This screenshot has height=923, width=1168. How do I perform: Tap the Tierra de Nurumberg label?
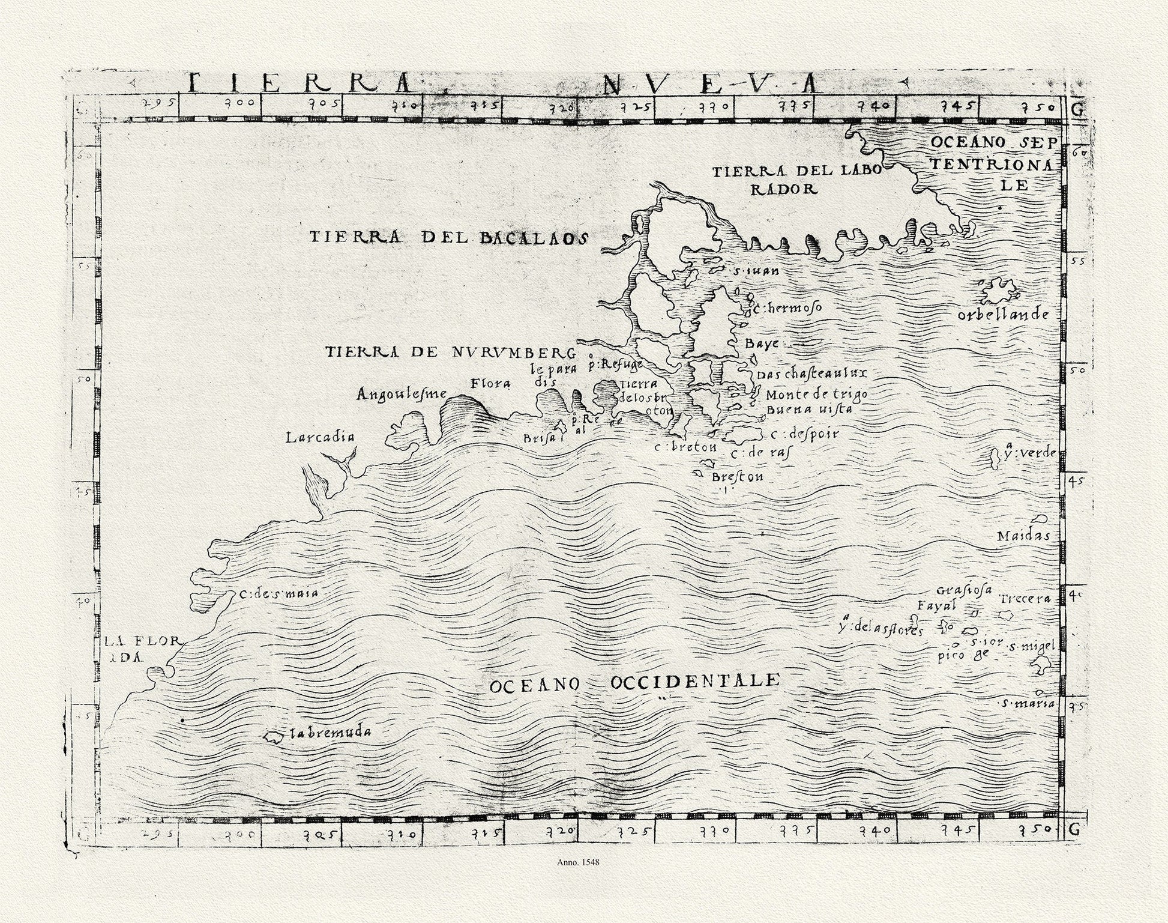(450, 352)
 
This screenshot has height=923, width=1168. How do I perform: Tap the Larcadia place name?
(320, 437)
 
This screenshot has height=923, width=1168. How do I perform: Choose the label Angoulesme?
(402, 394)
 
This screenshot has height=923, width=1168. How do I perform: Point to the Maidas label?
(1023, 535)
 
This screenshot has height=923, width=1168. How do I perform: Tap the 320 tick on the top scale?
(563, 108)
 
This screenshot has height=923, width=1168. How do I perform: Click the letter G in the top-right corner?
(1077, 110)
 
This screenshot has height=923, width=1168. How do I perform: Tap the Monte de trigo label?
(816, 395)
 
